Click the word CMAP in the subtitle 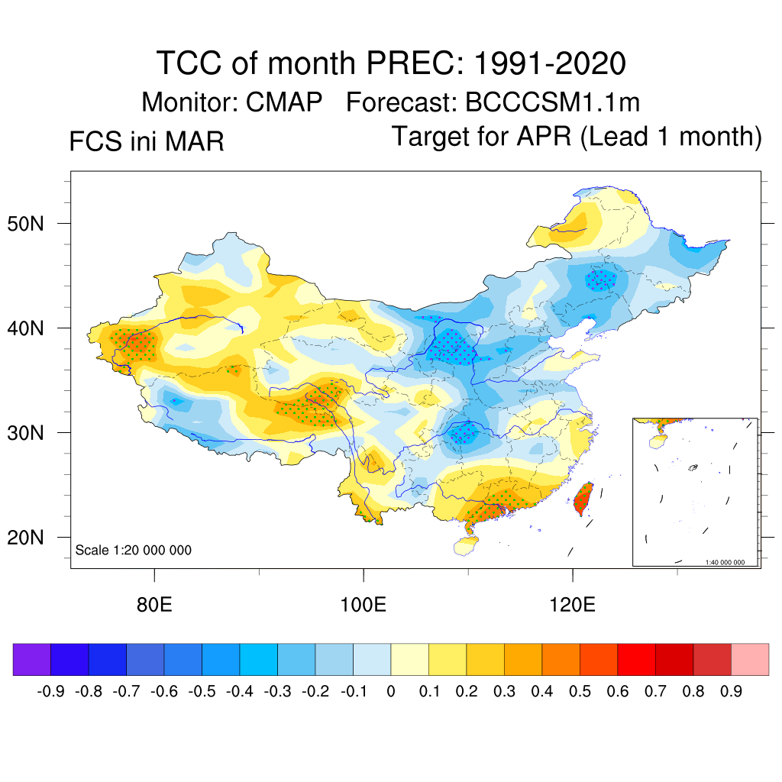pos(284,102)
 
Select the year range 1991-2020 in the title pos(549,63)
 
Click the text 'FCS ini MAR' pos(147,141)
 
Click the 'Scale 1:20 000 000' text pos(134,551)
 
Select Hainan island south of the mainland pos(464,544)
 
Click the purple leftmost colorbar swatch pos(31,659)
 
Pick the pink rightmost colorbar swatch pos(750,659)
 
